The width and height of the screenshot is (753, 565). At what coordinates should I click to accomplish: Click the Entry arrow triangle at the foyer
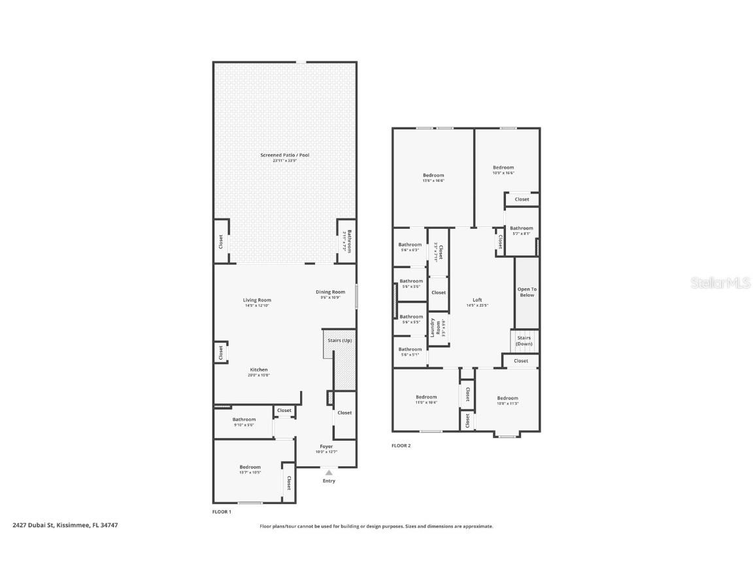click(329, 472)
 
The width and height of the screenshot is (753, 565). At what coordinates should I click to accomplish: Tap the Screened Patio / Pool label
click(284, 155)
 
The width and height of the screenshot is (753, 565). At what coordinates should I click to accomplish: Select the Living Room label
click(257, 300)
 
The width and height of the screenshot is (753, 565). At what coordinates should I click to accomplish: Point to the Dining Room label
click(330, 292)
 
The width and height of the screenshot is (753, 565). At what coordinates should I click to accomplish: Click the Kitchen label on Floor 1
click(258, 370)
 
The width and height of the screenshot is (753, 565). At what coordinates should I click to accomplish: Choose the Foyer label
click(325, 447)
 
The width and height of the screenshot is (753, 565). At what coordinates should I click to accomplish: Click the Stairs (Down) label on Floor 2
click(524, 341)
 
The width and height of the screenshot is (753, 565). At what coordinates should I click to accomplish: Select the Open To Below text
click(527, 292)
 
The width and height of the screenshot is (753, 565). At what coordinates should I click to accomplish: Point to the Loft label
click(477, 300)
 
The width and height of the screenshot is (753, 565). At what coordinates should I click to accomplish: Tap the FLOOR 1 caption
click(222, 511)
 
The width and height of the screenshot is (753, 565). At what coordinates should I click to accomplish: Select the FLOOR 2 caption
click(401, 445)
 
